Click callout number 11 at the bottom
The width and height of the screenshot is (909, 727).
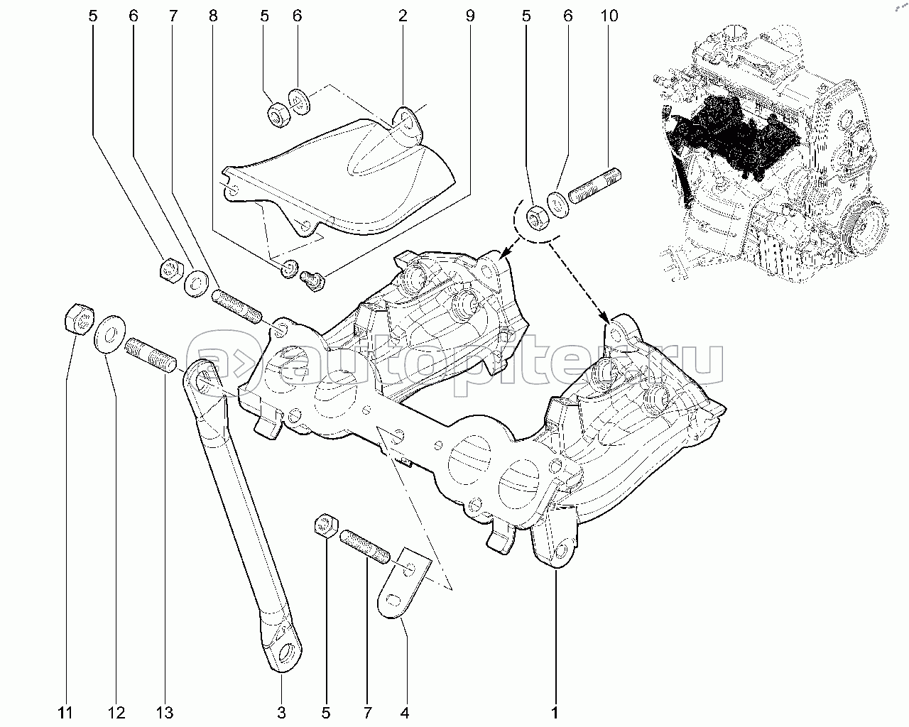click(65, 713)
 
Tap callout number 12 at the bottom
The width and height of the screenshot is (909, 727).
click(116, 713)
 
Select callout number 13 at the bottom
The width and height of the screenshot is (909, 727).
click(165, 713)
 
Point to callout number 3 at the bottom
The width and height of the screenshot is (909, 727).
click(281, 713)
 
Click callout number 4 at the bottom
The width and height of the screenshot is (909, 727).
click(405, 713)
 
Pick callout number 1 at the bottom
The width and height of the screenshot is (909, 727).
click(555, 713)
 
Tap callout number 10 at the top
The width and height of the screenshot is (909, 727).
click(609, 16)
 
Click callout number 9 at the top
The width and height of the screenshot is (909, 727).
click(470, 16)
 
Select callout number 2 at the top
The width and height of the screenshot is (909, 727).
click(403, 16)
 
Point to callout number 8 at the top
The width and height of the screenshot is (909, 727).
click(213, 16)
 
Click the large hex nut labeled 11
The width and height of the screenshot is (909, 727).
click(80, 319)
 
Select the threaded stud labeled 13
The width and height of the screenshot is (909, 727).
click(151, 355)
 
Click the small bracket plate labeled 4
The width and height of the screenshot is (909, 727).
click(403, 584)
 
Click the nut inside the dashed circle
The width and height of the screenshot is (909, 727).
click(538, 217)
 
